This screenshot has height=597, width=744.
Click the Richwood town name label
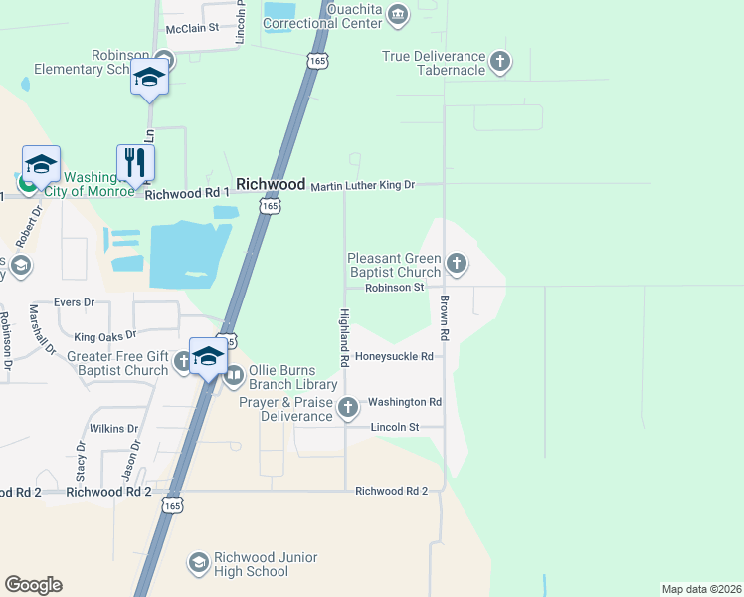(271, 185)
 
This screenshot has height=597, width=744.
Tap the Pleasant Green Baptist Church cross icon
(457, 264)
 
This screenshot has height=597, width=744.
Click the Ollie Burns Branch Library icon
(235, 376)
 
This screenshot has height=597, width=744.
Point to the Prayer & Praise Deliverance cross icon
(348, 406)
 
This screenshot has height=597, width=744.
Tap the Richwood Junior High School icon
(198, 564)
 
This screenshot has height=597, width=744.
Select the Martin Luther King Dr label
(362, 186)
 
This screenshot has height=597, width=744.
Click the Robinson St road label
(395, 288)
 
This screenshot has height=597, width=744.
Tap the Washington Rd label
(404, 402)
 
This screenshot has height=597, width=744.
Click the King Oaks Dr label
(104, 336)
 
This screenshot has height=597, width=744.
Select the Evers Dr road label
(75, 302)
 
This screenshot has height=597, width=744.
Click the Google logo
(33, 585)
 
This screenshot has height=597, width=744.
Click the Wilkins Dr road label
(112, 429)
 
